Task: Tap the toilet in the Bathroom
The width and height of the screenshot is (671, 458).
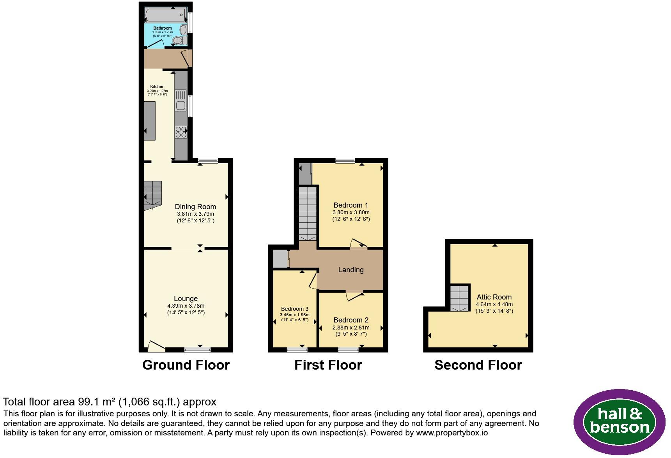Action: [x=179, y=40]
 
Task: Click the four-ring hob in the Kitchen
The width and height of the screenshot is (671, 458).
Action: [x=181, y=132]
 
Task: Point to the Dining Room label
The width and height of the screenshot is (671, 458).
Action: [x=195, y=207]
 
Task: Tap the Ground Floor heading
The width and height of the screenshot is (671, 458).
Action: [x=186, y=365]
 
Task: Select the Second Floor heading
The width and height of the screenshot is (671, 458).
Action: [x=478, y=365]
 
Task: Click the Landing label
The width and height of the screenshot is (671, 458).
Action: [x=351, y=270]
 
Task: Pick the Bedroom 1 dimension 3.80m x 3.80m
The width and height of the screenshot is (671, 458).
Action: [x=351, y=212]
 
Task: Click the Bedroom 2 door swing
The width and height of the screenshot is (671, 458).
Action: [x=354, y=296]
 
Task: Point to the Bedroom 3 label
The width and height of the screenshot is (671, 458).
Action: [x=295, y=309]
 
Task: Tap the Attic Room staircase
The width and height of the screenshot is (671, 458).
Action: [x=460, y=298]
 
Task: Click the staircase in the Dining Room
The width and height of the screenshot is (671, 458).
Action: [x=153, y=195]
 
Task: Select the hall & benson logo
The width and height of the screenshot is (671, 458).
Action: [x=619, y=422]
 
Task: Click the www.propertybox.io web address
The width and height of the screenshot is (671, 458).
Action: [x=452, y=433]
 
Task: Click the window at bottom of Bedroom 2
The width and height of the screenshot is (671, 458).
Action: [x=348, y=350]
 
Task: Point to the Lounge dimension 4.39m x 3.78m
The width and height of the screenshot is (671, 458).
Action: [x=186, y=306]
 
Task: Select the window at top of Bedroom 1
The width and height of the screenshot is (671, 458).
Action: [x=345, y=160]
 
